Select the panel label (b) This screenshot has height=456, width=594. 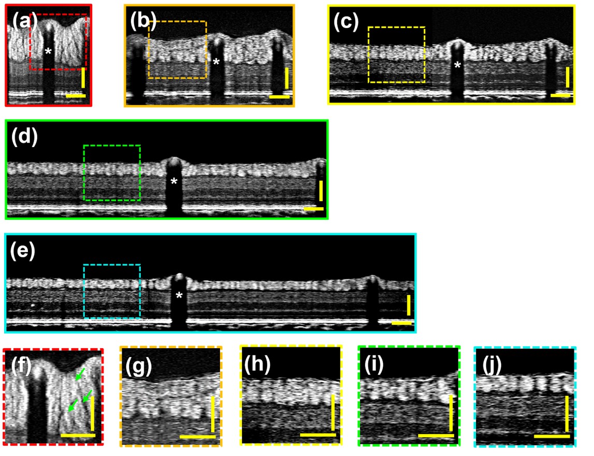(143, 21)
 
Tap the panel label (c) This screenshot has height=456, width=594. (346, 23)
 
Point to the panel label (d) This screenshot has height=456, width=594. (25, 137)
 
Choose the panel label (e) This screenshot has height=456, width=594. (23, 251)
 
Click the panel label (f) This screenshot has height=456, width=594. (21, 366)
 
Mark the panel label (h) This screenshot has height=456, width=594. (257, 365)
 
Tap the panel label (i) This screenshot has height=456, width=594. (374, 365)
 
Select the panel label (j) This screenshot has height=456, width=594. (491, 365)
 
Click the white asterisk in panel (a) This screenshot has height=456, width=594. (48, 51)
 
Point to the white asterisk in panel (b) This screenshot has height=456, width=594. (216, 62)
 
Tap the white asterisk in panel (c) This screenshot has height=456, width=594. (458, 65)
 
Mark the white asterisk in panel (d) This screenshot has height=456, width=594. (174, 181)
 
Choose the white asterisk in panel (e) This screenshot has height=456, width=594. (179, 295)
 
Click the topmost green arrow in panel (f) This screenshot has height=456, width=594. (80, 374)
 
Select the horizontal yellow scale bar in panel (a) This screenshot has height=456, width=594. (76, 96)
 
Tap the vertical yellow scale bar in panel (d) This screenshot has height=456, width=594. (321, 191)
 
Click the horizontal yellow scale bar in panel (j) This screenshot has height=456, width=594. (552, 436)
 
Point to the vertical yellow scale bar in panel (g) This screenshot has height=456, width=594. (212, 414)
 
